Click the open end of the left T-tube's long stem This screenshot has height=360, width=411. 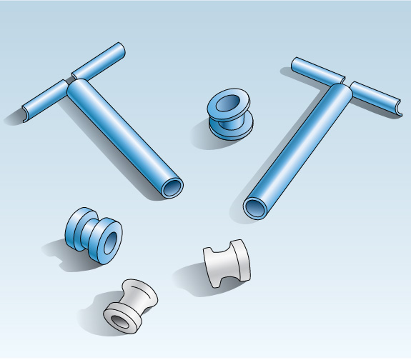point(172,188)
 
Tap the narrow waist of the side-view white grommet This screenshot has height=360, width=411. point(227,264)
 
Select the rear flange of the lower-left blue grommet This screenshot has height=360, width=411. point(77,228)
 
